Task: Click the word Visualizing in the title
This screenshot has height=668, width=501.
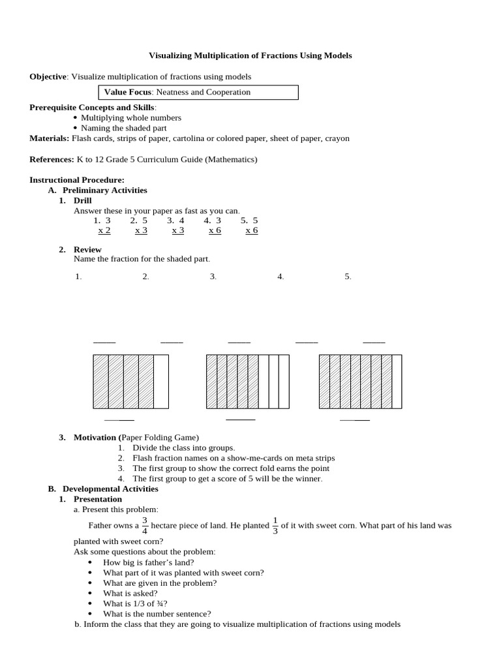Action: pyautogui.click(x=171, y=55)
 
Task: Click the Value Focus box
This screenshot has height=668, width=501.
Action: pyautogui.click(x=198, y=92)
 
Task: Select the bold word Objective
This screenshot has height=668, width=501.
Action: pyautogui.click(x=48, y=76)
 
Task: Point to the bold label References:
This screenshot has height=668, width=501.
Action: pyautogui.click(x=52, y=159)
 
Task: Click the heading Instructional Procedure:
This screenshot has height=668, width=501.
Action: pyautogui.click(x=76, y=179)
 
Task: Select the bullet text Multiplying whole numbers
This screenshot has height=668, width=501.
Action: pyautogui.click(x=130, y=117)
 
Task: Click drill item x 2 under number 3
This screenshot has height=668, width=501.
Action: pyautogui.click(x=104, y=230)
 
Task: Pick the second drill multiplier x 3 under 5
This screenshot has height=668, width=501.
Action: pyautogui.click(x=141, y=230)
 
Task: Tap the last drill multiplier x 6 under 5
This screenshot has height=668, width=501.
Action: pyautogui.click(x=251, y=230)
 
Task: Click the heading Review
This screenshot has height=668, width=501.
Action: pyautogui.click(x=87, y=249)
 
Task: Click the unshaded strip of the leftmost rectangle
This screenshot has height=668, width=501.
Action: pyautogui.click(x=161, y=382)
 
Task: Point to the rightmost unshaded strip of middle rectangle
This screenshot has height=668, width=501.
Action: pyautogui.click(x=284, y=382)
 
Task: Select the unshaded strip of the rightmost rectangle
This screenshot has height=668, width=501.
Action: pyautogui.click(x=397, y=382)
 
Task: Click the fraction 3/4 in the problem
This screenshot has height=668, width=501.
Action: pyautogui.click(x=145, y=525)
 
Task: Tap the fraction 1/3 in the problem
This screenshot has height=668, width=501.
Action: pyautogui.click(x=275, y=525)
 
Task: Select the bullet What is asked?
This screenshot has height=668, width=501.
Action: pyautogui.click(x=130, y=593)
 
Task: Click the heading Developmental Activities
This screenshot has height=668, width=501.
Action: pyautogui.click(x=110, y=489)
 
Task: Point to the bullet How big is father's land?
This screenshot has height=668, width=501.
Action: pyautogui.click(x=148, y=562)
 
